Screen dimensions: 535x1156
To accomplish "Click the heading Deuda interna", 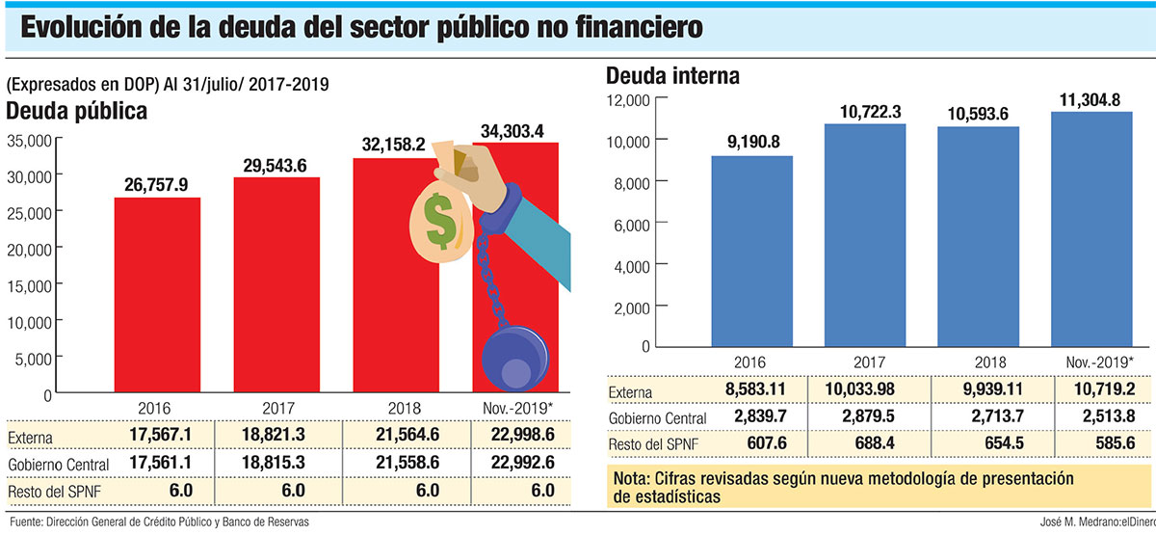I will point(671,76).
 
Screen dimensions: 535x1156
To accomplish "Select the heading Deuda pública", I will point(77,111).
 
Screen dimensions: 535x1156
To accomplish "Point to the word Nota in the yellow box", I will point(633,479).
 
